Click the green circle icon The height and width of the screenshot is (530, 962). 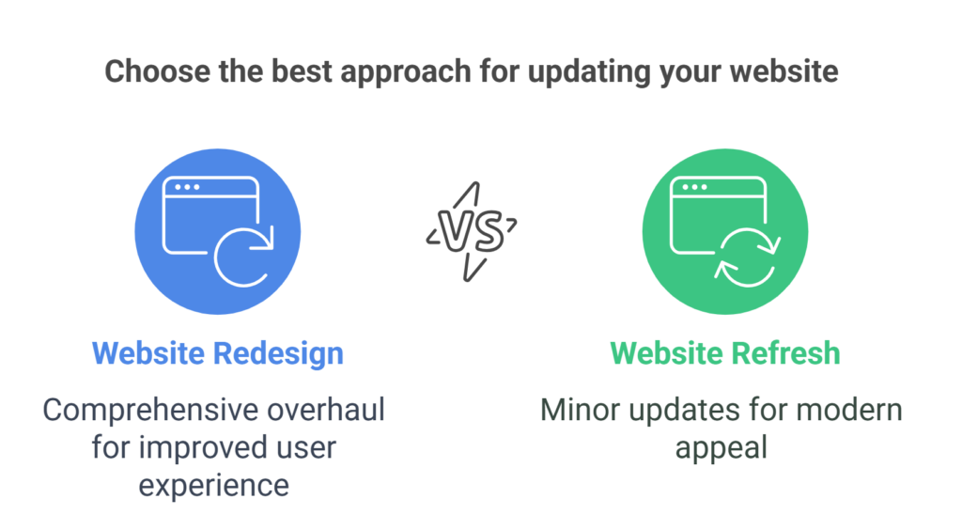pyautogui.click(x=724, y=231)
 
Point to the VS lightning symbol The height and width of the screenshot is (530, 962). pyautogui.click(x=472, y=230)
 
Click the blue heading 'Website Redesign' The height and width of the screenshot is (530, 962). pyautogui.click(x=218, y=353)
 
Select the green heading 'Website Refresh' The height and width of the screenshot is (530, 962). pyautogui.click(x=724, y=353)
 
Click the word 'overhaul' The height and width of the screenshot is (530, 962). pyautogui.click(x=331, y=410)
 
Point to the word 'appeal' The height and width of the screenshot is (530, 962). pyautogui.click(x=721, y=446)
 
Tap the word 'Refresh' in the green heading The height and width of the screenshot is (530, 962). pyautogui.click(x=784, y=353)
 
